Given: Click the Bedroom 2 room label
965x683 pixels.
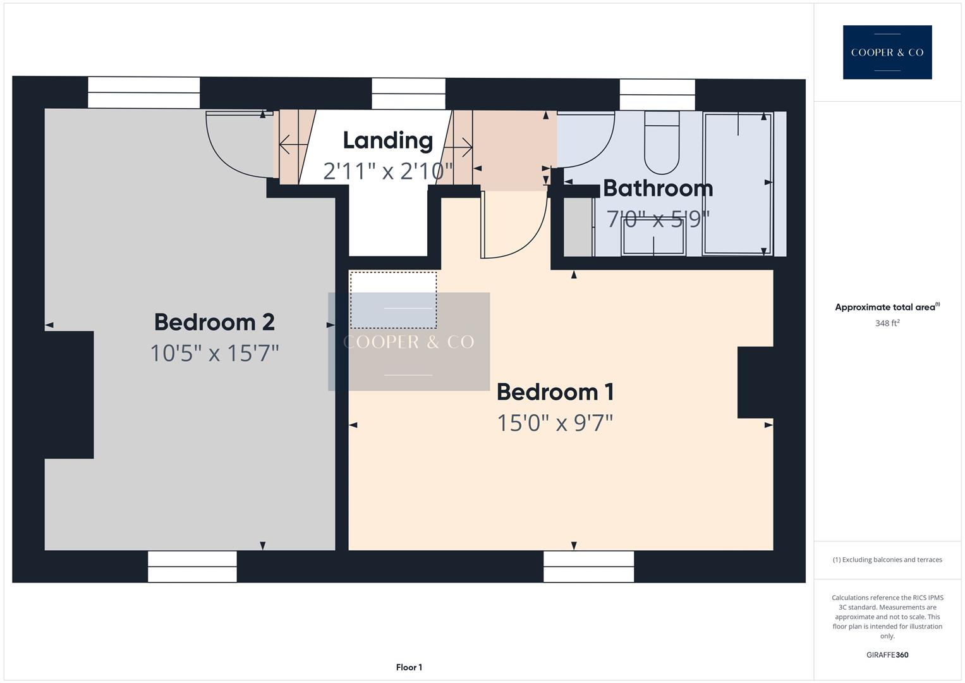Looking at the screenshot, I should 214,322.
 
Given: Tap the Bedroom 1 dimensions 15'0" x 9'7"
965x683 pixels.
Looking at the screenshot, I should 555,422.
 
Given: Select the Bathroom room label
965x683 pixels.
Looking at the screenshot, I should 658,188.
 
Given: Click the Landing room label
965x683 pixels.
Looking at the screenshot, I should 387,140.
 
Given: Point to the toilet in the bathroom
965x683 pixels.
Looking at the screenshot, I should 661,144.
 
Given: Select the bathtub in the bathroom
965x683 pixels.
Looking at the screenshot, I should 737,183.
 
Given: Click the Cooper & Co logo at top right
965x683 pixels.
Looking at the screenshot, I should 887,52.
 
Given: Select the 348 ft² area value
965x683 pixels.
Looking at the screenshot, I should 887,323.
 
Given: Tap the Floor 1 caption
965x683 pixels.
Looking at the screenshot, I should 409,667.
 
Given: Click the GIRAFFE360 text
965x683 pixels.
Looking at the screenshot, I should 887,655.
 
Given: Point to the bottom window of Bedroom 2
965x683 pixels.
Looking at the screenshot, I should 192,566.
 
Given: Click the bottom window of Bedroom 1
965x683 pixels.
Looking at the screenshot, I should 588,566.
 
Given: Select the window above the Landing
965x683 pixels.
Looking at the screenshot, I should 408,94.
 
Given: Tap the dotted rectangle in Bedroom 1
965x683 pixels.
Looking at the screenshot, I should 393,300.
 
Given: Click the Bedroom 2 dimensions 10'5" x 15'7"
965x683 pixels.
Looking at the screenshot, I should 214,353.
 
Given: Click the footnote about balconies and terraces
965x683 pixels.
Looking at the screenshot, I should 887,560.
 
